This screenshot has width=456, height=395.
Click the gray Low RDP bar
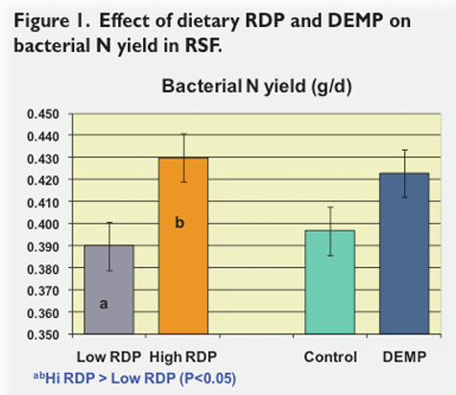109,289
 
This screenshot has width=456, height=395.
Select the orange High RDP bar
183,246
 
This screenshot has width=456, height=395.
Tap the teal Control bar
330,283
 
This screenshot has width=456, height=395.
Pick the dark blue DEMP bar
404,254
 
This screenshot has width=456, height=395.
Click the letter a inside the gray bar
104,304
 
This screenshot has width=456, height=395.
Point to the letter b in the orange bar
180,222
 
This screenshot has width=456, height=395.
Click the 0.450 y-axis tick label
43,114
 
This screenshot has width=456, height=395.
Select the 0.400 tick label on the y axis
43,224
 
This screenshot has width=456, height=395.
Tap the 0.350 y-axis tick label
43,335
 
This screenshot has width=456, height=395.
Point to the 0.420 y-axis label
43,181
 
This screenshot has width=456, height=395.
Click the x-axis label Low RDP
109,357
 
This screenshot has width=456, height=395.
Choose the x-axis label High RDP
183,357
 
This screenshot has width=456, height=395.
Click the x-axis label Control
330,357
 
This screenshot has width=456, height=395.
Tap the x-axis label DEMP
405,357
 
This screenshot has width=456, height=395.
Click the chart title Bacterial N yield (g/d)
256,86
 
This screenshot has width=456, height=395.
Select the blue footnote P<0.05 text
207,379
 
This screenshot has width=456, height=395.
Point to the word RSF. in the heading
204,45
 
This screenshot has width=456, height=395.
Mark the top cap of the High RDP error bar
184,134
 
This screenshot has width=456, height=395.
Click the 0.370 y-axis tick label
43,291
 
